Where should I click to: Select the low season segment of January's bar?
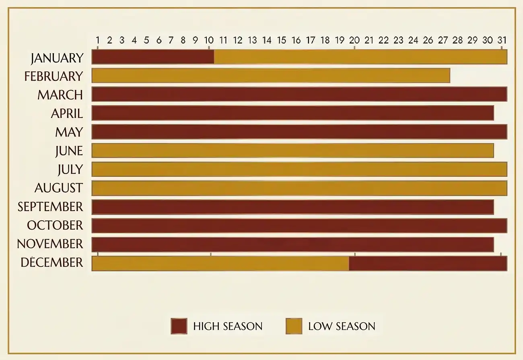360,57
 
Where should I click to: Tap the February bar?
271,76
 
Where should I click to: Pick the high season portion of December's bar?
428,263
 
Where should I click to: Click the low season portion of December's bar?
220,263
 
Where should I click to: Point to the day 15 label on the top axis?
282,40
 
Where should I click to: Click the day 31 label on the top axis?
502,40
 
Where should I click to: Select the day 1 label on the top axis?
98,40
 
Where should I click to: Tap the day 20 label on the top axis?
354,40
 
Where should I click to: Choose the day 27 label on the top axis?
443,40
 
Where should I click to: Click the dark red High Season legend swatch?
179,326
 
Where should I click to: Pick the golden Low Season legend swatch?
294,326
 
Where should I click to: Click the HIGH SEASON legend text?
228,326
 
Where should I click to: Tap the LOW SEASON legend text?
342,326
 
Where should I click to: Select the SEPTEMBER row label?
50,207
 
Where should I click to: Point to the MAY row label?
69,132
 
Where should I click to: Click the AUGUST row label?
59,188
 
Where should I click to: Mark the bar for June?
292,151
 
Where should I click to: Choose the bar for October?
299,226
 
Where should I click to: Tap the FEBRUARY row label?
54,76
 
